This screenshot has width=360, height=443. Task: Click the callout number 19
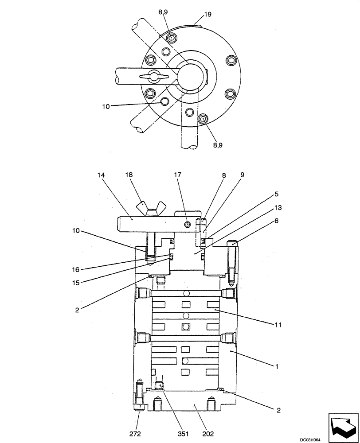(x=208, y=14)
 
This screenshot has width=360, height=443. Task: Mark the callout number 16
(x=76, y=269)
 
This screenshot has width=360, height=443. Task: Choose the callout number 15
(x=76, y=282)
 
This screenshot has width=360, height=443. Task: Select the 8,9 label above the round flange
(x=163, y=12)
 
